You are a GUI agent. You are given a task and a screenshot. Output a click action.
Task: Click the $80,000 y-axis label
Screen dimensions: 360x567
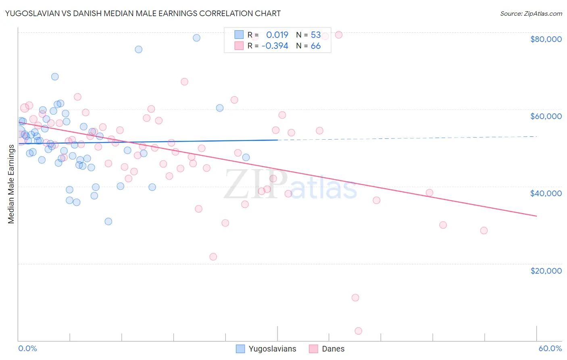click(x=546, y=39)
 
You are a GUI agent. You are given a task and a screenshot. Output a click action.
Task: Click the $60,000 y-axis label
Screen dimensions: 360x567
click(x=546, y=116)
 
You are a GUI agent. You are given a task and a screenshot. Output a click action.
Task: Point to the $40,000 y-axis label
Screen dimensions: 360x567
click(x=546, y=193)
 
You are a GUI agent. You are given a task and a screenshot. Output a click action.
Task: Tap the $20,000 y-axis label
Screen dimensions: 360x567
click(x=546, y=270)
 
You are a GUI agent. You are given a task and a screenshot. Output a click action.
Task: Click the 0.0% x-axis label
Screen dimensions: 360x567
click(x=27, y=348)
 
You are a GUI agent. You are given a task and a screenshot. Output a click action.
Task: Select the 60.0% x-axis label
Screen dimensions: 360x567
click(x=550, y=348)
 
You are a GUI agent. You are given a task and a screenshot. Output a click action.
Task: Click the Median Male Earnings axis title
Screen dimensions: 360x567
click(x=11, y=184)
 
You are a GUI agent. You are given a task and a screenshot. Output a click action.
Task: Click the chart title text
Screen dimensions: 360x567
click(x=143, y=13)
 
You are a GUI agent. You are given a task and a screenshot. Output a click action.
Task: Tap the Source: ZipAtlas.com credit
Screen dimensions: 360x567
click(x=531, y=13)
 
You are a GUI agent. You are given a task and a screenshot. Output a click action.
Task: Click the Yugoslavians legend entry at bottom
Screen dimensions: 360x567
click(x=272, y=349)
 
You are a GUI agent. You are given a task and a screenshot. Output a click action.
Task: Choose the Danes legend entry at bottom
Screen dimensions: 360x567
click(x=333, y=349)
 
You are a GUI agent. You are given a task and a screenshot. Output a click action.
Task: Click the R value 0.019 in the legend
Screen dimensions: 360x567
click(x=277, y=35)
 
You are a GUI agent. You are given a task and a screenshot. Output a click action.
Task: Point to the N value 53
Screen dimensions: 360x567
click(x=315, y=35)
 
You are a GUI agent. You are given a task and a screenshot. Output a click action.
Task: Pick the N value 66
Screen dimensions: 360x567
click(x=315, y=46)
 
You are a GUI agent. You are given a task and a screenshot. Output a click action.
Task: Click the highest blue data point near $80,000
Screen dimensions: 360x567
click(x=196, y=38)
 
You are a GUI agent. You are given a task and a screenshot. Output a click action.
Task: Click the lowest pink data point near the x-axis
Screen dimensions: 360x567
click(x=358, y=331)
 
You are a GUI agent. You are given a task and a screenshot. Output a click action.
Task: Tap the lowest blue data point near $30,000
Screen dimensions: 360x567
click(x=108, y=222)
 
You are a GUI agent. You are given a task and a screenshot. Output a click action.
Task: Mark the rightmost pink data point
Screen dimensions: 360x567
click(x=484, y=230)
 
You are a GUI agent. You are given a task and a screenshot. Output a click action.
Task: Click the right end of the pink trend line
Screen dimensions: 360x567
click(x=536, y=216)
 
